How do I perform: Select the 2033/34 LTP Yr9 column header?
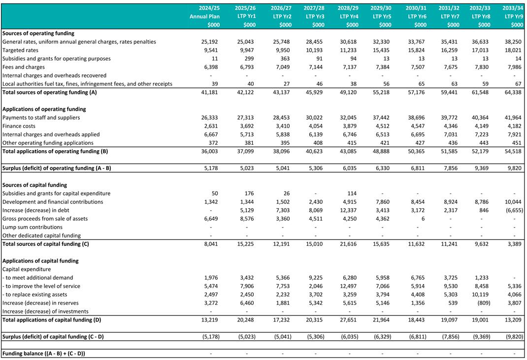[x=513, y=16]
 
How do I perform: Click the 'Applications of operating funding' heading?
[x=44, y=109]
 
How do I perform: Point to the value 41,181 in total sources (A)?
[x=210, y=92]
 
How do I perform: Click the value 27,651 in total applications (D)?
[x=349, y=320]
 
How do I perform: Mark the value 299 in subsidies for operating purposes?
[x=249, y=59]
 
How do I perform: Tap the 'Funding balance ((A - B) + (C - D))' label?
[x=47, y=354]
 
